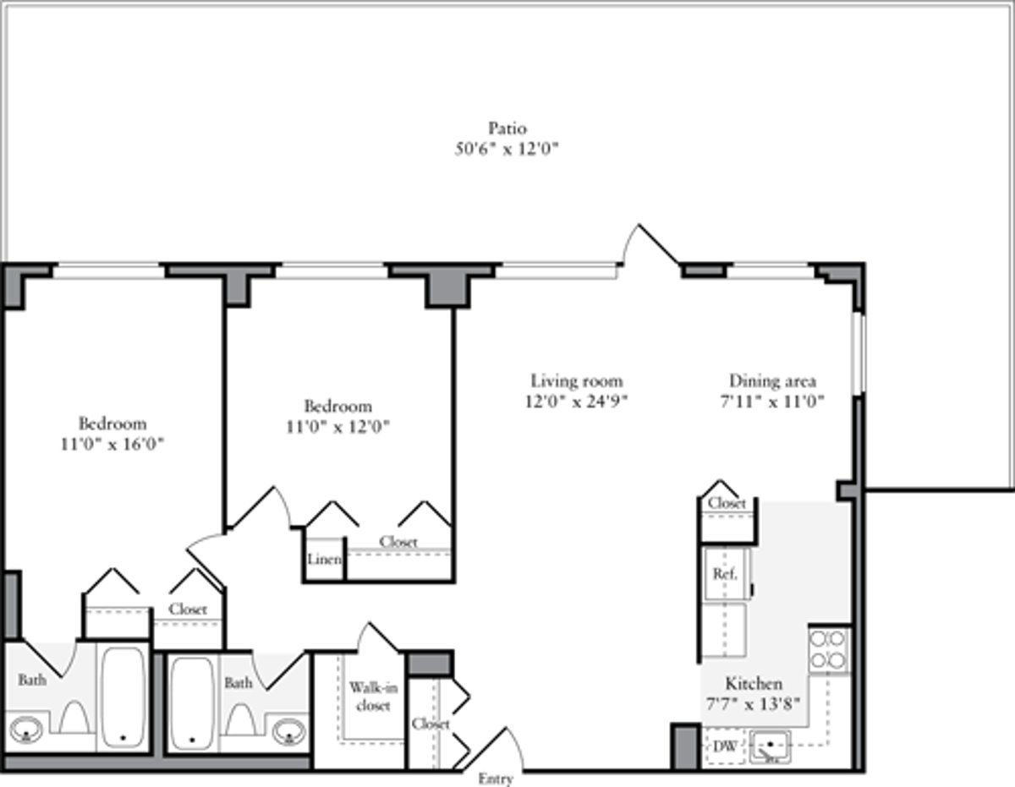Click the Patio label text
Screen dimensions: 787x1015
pyautogui.click(x=507, y=128)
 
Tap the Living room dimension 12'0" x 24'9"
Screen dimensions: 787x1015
pyautogui.click(x=576, y=402)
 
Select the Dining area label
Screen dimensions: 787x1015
pyautogui.click(x=772, y=380)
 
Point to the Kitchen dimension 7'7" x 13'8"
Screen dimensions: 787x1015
pyautogui.click(x=753, y=703)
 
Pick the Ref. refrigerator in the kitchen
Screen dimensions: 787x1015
pyautogui.click(x=724, y=573)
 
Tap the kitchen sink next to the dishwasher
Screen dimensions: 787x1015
pyautogui.click(x=771, y=747)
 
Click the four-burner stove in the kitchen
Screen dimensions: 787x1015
pyautogui.click(x=829, y=649)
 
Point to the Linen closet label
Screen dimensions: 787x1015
pyautogui.click(x=325, y=560)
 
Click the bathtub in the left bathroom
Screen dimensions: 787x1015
pyautogui.click(x=123, y=697)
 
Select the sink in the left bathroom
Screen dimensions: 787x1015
pyautogui.click(x=26, y=728)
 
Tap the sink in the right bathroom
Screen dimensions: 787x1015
pyautogui.click(x=289, y=728)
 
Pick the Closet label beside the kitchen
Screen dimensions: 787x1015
pyautogui.click(x=727, y=503)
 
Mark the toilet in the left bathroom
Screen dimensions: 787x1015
pyautogui.click(x=74, y=719)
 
